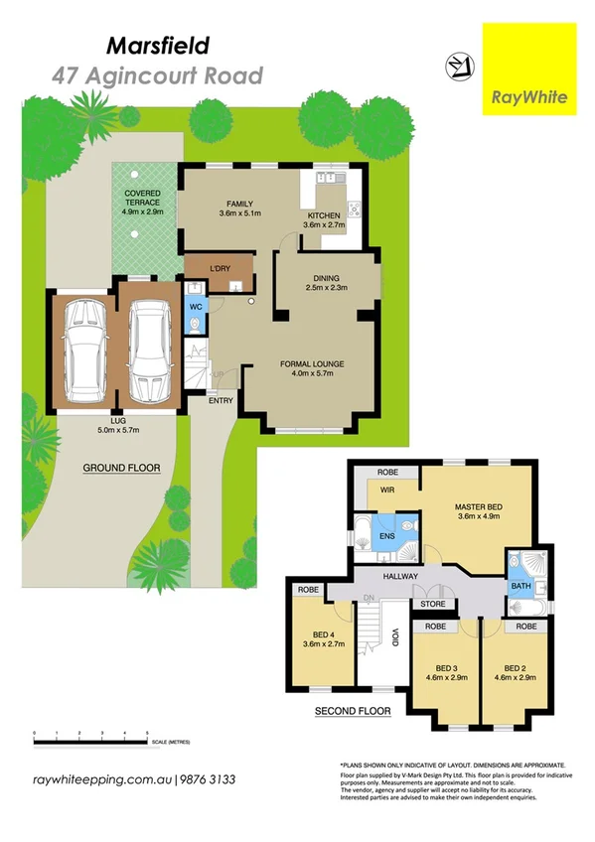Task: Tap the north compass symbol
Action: click(458, 67)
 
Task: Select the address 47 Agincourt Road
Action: click(158, 75)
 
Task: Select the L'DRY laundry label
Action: click(221, 268)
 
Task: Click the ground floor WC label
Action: click(196, 308)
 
